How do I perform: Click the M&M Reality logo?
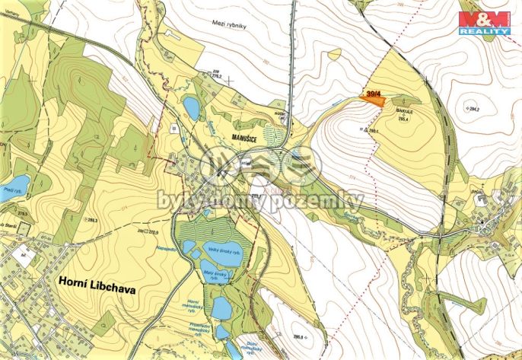tap(484, 23)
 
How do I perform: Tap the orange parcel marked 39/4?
tap(373, 95)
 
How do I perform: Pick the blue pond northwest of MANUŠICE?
tap(192, 108)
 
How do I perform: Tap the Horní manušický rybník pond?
tap(221, 307)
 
